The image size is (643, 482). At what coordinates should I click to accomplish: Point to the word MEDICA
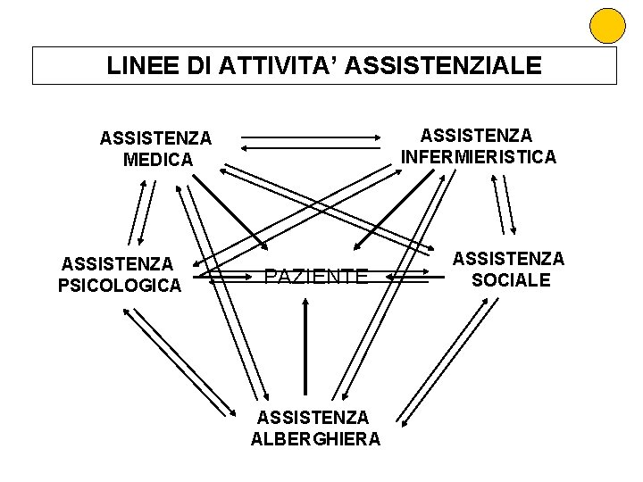(156, 160)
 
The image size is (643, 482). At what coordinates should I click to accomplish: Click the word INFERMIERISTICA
(479, 156)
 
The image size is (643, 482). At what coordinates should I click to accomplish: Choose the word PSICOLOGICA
(120, 285)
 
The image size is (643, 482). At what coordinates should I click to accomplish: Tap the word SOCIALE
(508, 279)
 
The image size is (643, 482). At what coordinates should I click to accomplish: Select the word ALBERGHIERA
(315, 438)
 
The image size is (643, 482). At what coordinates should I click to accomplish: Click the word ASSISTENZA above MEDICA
(156, 138)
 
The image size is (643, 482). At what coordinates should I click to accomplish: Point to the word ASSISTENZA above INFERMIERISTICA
(476, 135)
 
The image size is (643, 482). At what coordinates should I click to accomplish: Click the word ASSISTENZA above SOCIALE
(508, 258)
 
